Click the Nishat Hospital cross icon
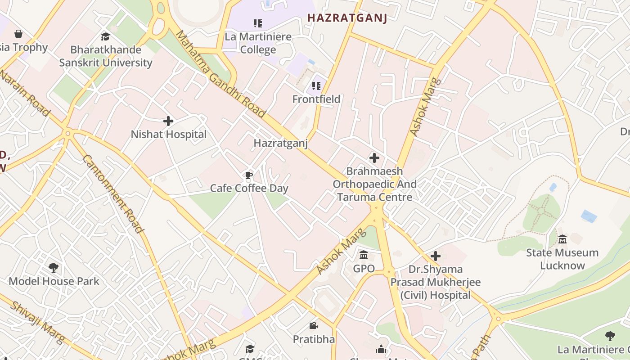(x=168, y=121)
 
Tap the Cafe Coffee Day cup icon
(x=249, y=175)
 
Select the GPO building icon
(x=364, y=256)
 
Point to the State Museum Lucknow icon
(x=562, y=239)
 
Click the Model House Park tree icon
(x=54, y=268)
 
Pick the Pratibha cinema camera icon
(x=314, y=325)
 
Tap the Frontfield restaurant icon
(x=316, y=85)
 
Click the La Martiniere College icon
(x=258, y=23)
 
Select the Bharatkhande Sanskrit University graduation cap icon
(x=105, y=36)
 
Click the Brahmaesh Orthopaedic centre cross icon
(x=374, y=158)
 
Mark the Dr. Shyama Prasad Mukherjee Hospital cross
(x=435, y=256)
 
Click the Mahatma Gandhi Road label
(x=220, y=74)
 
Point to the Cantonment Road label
(x=113, y=193)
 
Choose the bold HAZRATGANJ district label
(x=346, y=18)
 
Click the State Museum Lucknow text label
(x=562, y=259)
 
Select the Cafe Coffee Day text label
(x=249, y=188)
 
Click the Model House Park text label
(x=54, y=281)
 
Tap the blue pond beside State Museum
(x=589, y=216)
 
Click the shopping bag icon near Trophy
(x=18, y=34)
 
